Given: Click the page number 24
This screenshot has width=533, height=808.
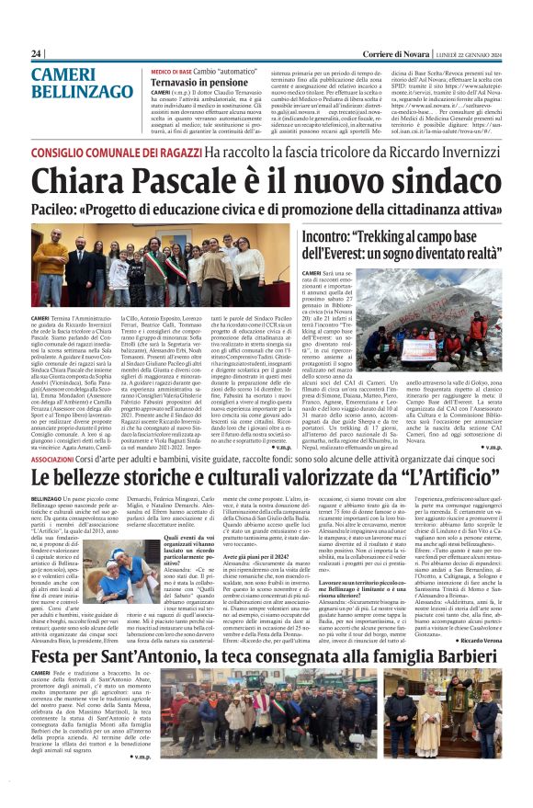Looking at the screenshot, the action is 37,53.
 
